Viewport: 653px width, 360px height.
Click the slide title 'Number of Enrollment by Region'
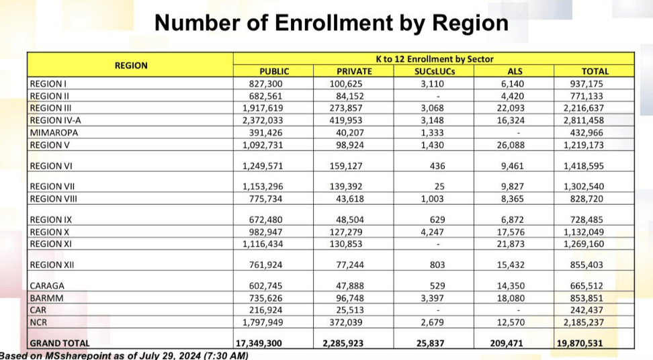(x=331, y=24)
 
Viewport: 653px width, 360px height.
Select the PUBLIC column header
(x=274, y=71)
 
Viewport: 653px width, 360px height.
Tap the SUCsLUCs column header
(x=434, y=71)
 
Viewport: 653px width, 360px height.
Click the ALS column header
(x=515, y=71)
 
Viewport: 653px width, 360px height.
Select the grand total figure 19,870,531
(x=586, y=344)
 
